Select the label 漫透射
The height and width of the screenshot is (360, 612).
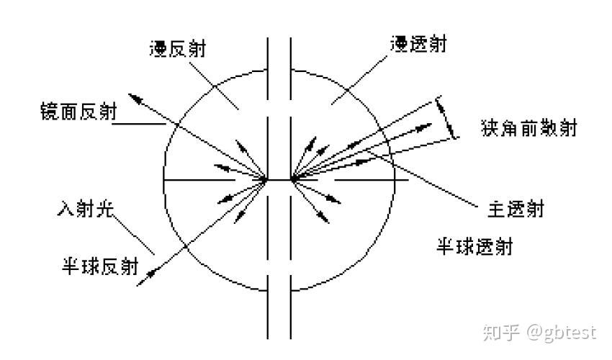418,45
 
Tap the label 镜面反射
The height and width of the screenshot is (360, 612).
79,112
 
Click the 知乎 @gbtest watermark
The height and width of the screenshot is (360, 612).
540,332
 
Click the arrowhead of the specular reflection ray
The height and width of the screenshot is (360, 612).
132,96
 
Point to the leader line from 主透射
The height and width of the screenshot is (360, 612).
432,184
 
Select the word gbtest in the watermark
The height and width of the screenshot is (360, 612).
572,333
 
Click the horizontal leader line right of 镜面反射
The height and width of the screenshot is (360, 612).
140,123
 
